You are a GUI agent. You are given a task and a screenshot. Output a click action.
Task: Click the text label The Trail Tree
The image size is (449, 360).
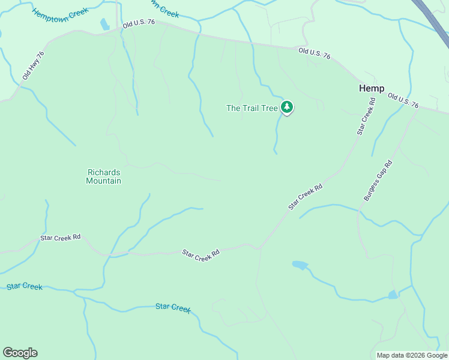click(x=252, y=109)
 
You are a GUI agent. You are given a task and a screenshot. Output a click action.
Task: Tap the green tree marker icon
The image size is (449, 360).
click(x=287, y=107)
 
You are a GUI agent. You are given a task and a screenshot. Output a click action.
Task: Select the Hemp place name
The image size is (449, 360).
click(x=372, y=88)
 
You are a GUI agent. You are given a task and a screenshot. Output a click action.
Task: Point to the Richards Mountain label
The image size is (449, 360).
click(x=104, y=176)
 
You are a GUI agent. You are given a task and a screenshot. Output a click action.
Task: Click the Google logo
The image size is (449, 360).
click(x=20, y=353)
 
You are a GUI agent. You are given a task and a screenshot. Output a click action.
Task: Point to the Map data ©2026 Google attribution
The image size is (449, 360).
click(x=412, y=355)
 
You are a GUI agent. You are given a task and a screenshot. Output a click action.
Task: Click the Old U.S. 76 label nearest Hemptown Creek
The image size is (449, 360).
click(x=139, y=23)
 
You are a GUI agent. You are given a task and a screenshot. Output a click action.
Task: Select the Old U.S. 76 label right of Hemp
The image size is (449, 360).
click(x=403, y=100)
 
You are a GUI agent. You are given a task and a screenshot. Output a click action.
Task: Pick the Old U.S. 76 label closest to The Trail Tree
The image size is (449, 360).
click(x=315, y=53)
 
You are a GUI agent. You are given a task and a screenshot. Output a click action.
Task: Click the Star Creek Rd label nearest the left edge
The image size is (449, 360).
click(x=60, y=238)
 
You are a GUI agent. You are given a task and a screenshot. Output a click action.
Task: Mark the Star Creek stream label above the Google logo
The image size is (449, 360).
click(x=25, y=286)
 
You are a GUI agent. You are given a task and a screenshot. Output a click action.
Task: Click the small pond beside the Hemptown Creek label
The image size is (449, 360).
click(x=104, y=24)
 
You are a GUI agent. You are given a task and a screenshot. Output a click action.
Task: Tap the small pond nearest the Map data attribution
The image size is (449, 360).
click(x=393, y=295)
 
